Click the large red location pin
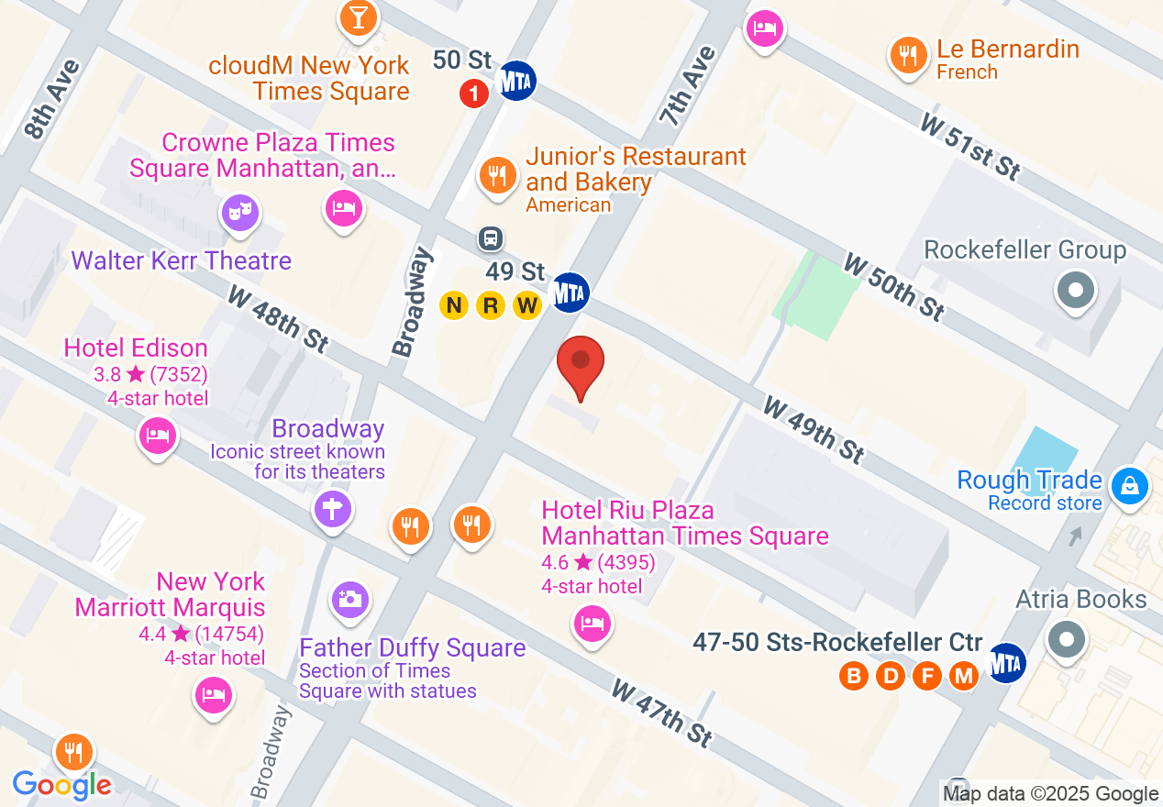[x=581, y=363]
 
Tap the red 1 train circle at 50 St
[x=473, y=93]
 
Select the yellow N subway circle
[x=454, y=305]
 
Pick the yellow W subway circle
[x=526, y=305]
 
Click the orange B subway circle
[x=854, y=677]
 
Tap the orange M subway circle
[x=963, y=677]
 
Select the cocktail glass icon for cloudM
[x=358, y=17]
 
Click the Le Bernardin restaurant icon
[x=908, y=56]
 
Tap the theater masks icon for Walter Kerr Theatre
[x=240, y=212]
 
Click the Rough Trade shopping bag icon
[x=1130, y=486]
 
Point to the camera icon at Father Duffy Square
[x=349, y=601]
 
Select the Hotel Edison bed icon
[x=157, y=435]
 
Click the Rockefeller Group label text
[x=1025, y=250]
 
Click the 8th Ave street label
[x=52, y=99]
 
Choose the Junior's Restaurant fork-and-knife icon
[x=497, y=173]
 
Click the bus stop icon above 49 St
[x=491, y=239]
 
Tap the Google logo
[x=61, y=785]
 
